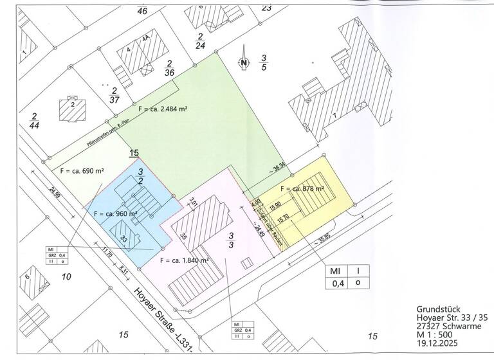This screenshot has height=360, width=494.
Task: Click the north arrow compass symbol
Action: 244,62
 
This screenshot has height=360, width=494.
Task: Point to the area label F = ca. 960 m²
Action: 116,213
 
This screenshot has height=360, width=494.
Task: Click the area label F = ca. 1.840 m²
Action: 184,260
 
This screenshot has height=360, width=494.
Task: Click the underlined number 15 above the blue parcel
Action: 134,153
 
